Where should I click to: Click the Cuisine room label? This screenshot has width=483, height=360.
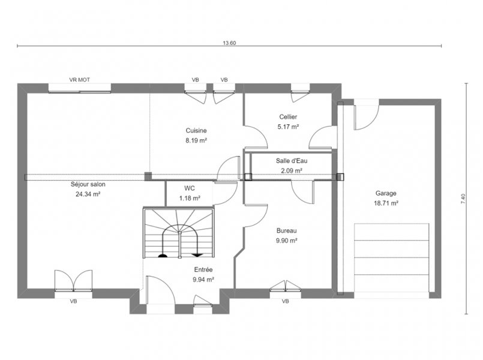click(196, 131)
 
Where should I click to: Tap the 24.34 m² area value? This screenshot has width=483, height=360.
click(88, 194)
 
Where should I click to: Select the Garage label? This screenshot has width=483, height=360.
click(386, 193)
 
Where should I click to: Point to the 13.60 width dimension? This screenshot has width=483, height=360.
click(229, 43)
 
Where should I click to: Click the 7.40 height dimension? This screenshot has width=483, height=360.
click(463, 199)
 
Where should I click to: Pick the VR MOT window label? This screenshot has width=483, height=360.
click(79, 80)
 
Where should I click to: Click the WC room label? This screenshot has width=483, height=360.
click(190, 188)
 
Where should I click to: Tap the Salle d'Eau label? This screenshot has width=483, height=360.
click(292, 161)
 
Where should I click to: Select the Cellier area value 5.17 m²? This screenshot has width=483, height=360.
click(289, 127)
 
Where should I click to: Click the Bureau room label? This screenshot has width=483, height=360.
click(286, 230)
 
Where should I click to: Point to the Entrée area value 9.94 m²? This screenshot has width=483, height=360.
click(203, 280)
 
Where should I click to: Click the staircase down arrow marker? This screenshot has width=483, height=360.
click(197, 254)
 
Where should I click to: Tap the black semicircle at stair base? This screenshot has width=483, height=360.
click(163, 255)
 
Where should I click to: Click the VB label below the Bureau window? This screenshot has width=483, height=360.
click(285, 301)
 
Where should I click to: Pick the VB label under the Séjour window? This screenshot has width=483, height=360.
click(73, 301)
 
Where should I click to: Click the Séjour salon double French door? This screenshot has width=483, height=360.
click(73, 281)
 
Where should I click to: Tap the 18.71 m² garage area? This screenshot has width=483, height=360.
click(386, 203)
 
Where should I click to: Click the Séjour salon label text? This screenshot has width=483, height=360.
click(88, 184)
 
